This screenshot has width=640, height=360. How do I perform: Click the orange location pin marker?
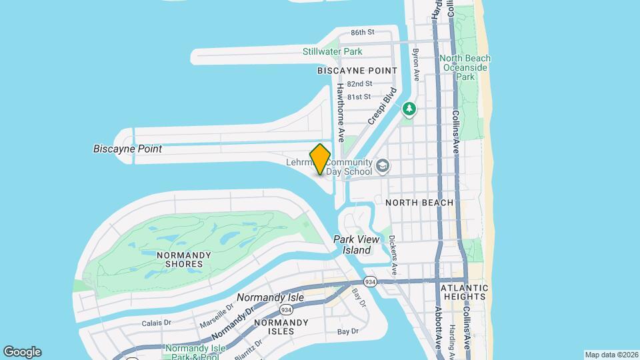click(x=321, y=159)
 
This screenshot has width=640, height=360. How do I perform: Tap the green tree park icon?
click(x=409, y=108)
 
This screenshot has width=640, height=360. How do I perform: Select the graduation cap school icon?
click(x=383, y=165)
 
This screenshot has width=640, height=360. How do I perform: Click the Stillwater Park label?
click(x=332, y=51)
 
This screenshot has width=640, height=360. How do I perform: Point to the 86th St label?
click(x=363, y=32)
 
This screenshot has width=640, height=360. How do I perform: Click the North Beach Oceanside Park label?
click(x=464, y=67)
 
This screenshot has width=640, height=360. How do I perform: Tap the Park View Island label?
click(x=357, y=245)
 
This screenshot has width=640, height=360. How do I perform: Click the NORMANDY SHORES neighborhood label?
click(x=183, y=259)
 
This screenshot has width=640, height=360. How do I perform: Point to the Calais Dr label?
click(x=157, y=323)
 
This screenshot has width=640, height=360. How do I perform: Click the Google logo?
click(x=22, y=352)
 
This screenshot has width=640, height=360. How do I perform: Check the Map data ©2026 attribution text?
click(x=611, y=355)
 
